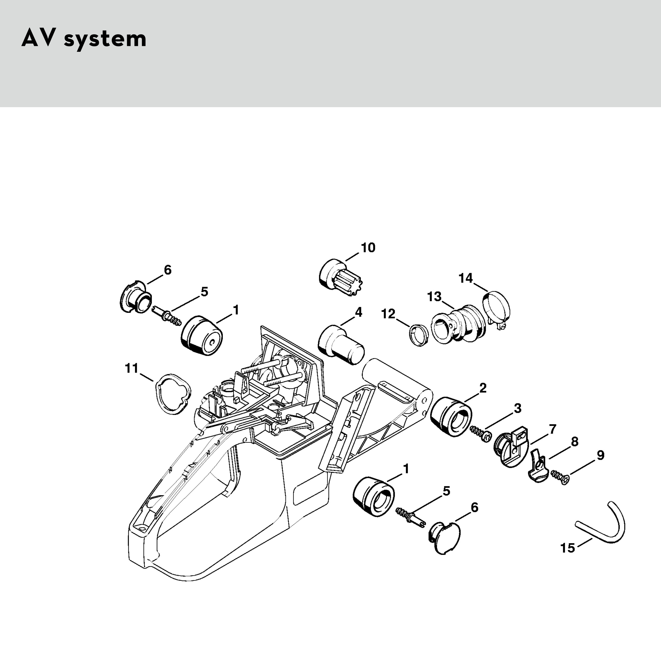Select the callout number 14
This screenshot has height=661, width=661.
pos(466,278)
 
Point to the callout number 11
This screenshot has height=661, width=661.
pos(131,368)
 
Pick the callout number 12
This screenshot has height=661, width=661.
pos(388,314)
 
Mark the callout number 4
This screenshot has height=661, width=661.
pos(358,312)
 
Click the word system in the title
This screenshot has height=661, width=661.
pos(105,39)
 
